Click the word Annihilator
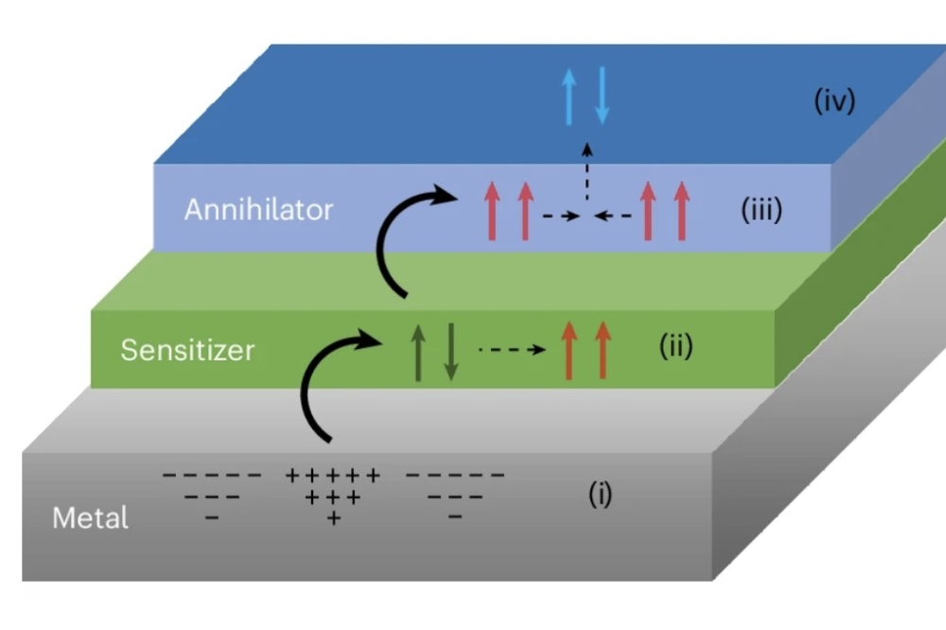258,209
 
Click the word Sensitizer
187,351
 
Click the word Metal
90,518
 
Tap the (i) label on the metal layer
600,495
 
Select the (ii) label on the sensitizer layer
675,347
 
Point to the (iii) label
761,209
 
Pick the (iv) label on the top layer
834,101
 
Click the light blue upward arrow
569,96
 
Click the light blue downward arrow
602,96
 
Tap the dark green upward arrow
417,351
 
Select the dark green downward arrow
450,351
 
